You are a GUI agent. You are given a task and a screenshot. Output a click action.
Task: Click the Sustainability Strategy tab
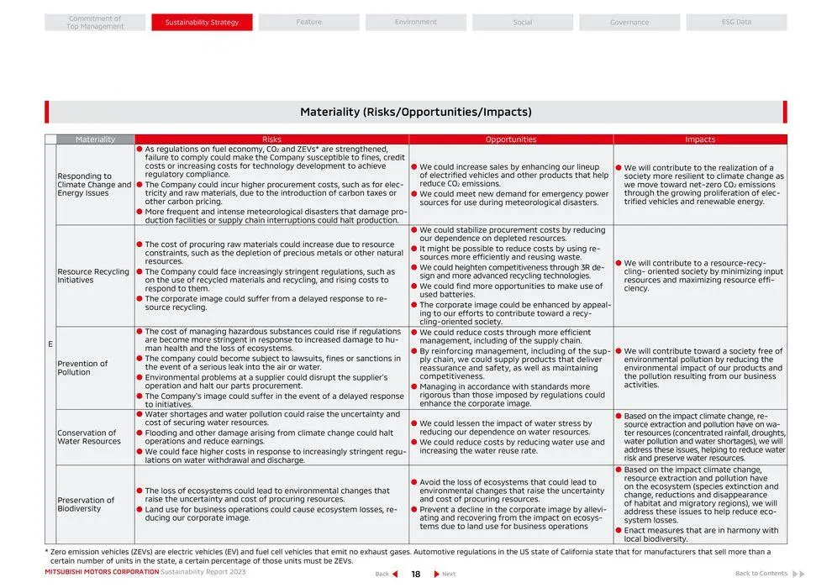202,23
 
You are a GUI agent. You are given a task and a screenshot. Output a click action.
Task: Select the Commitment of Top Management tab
95,23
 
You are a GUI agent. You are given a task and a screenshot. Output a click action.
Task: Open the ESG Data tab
736,23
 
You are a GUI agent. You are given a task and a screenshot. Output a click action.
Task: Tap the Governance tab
629,23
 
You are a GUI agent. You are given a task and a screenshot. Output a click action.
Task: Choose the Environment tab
416,23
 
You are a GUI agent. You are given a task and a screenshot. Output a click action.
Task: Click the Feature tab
308,23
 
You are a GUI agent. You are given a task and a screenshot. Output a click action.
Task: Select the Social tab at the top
523,23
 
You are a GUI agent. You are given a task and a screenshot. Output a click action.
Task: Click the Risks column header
271,139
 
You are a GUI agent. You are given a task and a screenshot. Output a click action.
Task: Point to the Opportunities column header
510,139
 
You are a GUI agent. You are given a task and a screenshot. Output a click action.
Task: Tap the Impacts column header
700,139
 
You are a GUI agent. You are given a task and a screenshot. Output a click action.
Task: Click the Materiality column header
95,139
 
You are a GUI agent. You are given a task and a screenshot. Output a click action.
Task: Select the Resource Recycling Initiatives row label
93,276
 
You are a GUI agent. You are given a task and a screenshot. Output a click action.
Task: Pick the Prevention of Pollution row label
82,368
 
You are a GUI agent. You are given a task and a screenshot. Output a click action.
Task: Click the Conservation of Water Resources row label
89,437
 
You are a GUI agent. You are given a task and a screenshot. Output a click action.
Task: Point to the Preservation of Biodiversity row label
86,504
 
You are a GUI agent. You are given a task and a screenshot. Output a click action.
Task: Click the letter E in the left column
50,344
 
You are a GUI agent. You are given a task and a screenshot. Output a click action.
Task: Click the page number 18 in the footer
415,575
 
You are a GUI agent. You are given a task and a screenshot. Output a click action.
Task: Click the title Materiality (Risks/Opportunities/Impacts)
416,112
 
